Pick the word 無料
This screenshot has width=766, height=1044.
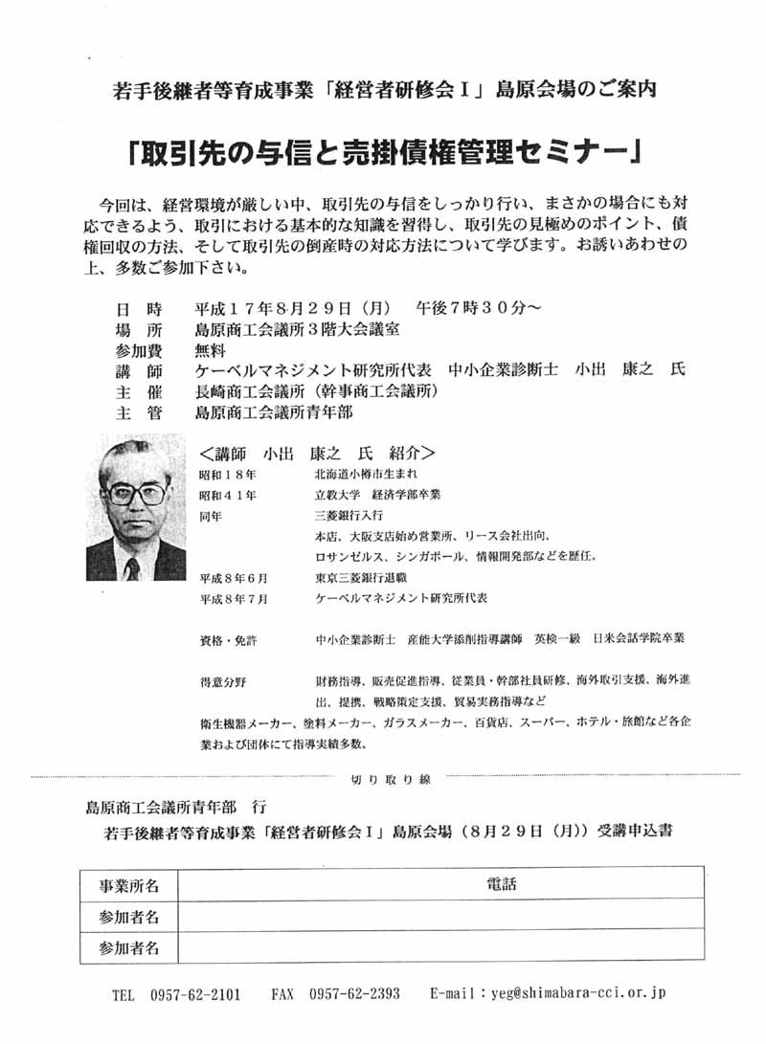point(210,350)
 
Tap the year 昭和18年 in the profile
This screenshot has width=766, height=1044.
point(227,475)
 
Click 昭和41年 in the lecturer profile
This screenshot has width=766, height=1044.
point(227,495)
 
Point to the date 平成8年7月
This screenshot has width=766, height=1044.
point(234,598)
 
